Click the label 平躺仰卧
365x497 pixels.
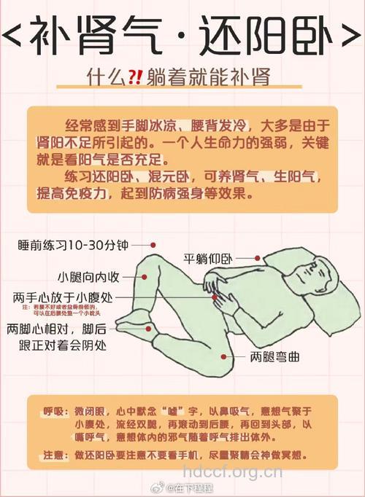(207, 258)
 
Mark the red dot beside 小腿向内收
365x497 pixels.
(145, 277)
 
